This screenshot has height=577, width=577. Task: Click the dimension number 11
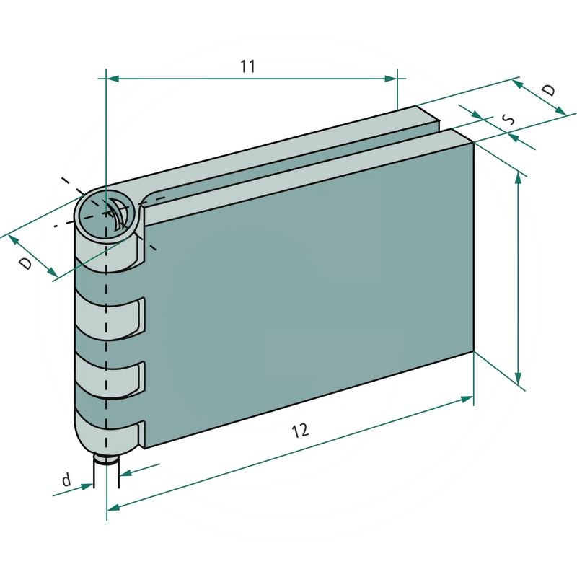pos(247,66)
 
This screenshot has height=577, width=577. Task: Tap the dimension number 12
pos(300,431)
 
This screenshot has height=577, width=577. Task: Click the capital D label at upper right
pos(549,90)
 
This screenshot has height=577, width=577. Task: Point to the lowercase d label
pos(66,480)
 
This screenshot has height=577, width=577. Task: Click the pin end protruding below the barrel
pos(107,459)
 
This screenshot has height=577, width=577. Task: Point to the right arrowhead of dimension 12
pos(467,399)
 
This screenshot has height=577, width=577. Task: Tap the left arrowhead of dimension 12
pos(113,508)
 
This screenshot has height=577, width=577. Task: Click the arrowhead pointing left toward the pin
pos(125,474)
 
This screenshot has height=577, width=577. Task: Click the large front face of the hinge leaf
pos(310,288)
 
